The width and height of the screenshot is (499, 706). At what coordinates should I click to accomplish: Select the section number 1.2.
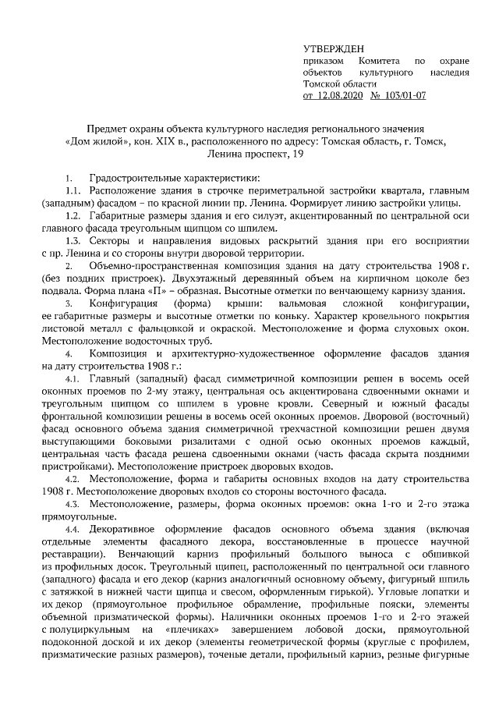[x=73, y=215]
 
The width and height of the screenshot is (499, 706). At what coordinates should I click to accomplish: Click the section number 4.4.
[x=73, y=529]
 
